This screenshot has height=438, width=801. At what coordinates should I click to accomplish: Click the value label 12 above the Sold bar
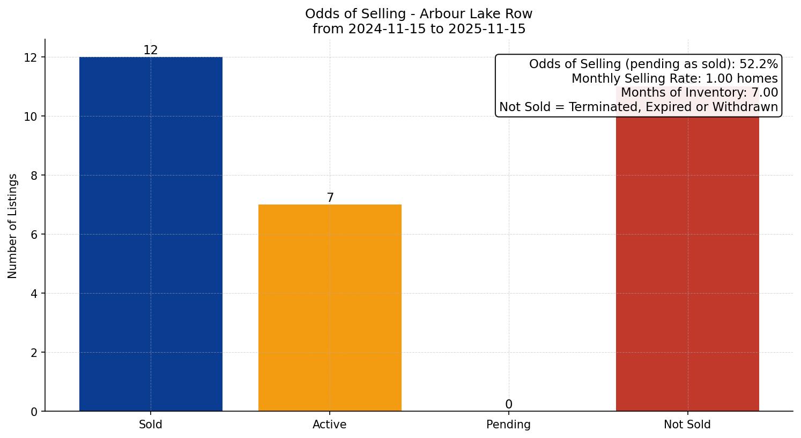click(x=151, y=50)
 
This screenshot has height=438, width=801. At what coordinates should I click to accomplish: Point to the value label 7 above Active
click(x=330, y=198)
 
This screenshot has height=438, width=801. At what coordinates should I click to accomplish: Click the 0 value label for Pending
click(x=509, y=405)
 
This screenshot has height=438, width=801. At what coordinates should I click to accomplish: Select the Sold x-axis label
click(x=151, y=425)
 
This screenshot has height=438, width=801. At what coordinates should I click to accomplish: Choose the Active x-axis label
click(x=330, y=425)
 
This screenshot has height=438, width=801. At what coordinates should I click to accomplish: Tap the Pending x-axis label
click(x=508, y=425)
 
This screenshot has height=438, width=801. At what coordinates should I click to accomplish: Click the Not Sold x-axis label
click(x=687, y=425)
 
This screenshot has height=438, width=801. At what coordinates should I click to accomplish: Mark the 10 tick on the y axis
click(x=31, y=116)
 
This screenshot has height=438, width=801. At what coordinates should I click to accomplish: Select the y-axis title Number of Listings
click(x=13, y=226)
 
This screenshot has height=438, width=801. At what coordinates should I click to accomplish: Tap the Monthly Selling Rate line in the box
click(x=674, y=78)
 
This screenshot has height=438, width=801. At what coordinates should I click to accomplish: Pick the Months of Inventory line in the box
click(x=699, y=93)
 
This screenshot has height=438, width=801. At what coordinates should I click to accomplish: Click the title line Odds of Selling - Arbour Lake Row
click(x=419, y=14)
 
